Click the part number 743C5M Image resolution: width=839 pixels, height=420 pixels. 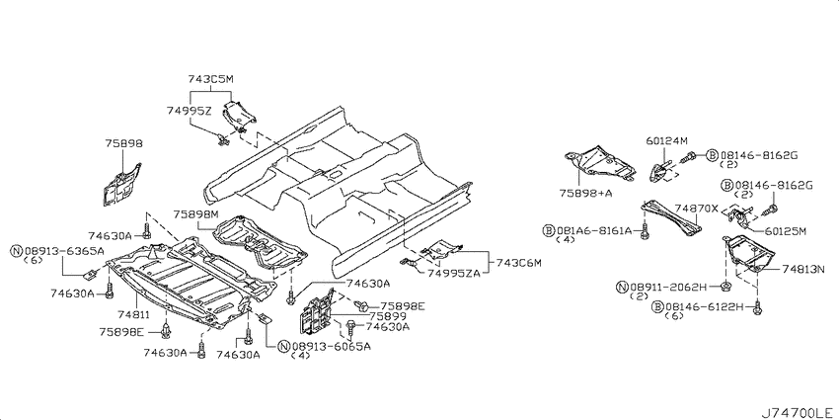211,79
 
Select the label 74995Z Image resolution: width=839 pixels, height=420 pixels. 189,112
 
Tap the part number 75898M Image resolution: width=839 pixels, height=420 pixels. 195,213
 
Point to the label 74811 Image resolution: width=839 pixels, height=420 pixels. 134,315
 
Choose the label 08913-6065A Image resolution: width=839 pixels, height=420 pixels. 332,346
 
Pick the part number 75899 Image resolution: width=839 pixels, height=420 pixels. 387,316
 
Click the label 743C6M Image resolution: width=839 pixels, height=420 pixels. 519,263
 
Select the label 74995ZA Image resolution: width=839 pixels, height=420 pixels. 453,273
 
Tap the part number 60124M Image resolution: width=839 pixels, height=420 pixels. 665,141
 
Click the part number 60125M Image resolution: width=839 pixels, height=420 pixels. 785,231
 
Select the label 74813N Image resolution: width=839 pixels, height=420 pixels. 803,268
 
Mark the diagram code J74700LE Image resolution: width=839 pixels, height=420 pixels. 797,412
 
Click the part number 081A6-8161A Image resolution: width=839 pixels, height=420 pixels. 594,230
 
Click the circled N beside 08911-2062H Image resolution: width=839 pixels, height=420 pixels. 622,288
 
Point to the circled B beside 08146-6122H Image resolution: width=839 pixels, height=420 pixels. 658,306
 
